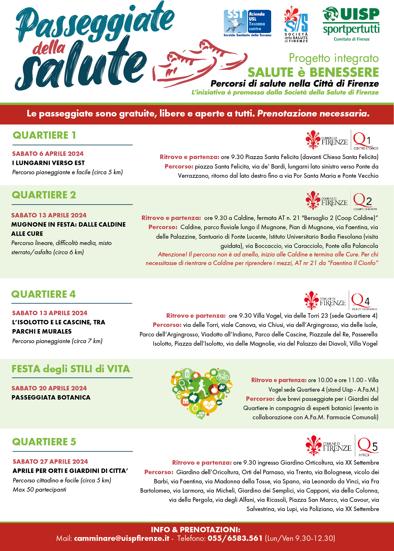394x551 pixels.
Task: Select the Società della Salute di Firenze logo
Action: click(x=296, y=24)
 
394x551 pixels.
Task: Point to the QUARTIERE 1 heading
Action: click(x=44, y=135)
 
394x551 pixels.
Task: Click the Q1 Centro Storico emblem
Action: click(x=365, y=140)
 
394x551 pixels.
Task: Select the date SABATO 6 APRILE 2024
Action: click(x=48, y=154)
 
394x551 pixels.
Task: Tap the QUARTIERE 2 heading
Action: click(x=44, y=195)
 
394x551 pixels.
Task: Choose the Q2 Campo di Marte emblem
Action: click(x=365, y=201)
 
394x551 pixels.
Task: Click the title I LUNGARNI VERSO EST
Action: click(x=48, y=163)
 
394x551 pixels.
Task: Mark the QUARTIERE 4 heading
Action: click(x=43, y=294)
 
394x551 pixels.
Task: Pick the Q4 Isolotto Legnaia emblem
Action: click(x=364, y=300)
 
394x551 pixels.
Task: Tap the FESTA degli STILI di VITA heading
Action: click(x=71, y=369)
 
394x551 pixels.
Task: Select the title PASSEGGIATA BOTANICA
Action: click(x=51, y=397)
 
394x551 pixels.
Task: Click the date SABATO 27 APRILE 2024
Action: click(x=50, y=461)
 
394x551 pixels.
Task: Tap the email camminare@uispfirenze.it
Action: click(x=122, y=538)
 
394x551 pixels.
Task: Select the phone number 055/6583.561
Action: click(x=235, y=538)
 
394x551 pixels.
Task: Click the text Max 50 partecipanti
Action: click(x=39, y=489)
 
